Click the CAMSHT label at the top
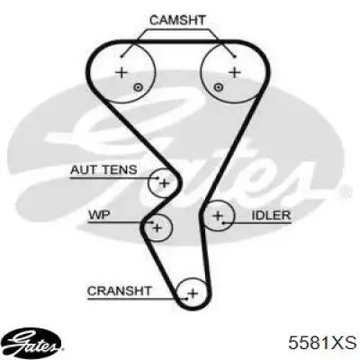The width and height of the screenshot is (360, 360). (177, 21)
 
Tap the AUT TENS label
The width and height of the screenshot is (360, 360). (103, 170)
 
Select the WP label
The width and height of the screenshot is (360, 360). (99, 215)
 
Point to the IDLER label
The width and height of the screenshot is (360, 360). (271, 215)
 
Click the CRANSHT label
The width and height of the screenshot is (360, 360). (120, 291)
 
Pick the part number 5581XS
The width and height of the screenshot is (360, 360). (322, 343)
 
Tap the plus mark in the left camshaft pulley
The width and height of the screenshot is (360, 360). (121, 72)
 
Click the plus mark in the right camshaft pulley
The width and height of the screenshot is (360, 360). (235, 72)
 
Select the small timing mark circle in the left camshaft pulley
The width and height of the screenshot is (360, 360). (138, 87)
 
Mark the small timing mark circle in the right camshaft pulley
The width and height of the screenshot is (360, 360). (219, 87)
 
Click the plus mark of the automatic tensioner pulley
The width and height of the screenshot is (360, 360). (164, 183)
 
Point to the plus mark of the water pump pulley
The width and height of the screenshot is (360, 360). (157, 229)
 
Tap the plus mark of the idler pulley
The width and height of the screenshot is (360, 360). (218, 215)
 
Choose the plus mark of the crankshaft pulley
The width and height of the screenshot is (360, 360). (193, 292)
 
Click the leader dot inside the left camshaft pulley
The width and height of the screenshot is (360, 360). (121, 57)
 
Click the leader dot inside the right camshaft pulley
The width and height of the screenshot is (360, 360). (235, 57)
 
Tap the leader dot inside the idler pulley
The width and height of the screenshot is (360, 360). (223, 223)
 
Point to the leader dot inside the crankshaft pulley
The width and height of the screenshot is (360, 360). (186, 299)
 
